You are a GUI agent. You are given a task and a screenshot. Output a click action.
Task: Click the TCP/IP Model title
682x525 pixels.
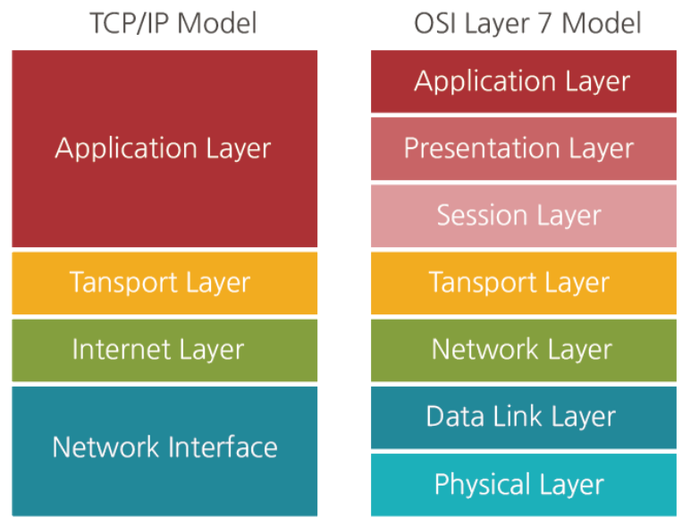click(173, 23)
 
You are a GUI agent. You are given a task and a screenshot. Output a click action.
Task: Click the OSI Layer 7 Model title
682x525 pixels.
click(527, 23)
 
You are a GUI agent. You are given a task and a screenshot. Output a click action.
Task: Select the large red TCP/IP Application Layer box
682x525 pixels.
click(164, 148)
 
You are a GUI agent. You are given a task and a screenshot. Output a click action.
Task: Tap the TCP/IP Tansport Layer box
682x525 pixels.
click(164, 283)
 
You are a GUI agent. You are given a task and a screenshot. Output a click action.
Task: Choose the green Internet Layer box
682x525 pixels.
click(164, 350)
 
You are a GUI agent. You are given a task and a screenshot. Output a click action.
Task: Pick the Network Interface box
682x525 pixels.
click(164, 451)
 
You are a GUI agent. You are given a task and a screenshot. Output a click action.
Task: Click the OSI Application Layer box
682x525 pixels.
click(524, 81)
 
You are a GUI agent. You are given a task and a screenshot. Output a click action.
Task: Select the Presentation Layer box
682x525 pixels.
click(524, 148)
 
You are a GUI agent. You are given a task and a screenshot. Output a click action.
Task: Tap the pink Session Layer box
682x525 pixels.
click(524, 216)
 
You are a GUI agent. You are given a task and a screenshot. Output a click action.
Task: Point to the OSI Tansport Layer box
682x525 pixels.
click(524, 283)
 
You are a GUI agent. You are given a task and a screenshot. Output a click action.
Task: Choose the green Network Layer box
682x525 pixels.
click(524, 350)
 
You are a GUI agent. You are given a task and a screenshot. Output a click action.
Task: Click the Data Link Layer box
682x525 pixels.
click(524, 417)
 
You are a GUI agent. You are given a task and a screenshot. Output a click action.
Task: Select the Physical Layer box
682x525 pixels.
click(524, 485)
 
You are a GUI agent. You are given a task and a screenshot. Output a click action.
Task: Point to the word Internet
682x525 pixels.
click(122, 349)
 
